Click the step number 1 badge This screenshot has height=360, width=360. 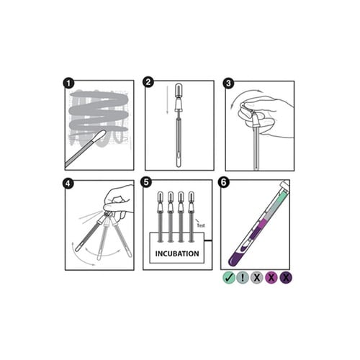click(x=68, y=84)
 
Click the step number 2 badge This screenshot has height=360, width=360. click(x=148, y=82)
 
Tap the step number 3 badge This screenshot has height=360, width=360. click(x=228, y=83)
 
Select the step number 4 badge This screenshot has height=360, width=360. click(x=68, y=184)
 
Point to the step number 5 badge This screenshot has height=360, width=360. click(x=146, y=182)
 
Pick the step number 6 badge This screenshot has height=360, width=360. click(x=223, y=182)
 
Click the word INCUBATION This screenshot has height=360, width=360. click(x=177, y=253)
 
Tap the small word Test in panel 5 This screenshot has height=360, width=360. click(x=201, y=225)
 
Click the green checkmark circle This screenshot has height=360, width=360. click(x=229, y=278)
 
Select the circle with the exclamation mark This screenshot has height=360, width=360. click(x=243, y=278)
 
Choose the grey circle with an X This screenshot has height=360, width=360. click(x=257, y=278)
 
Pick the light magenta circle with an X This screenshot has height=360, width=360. click(x=271, y=278)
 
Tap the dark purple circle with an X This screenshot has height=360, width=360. click(x=286, y=278)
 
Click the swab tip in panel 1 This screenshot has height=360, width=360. click(x=99, y=137)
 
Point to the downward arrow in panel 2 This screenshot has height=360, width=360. click(x=168, y=100)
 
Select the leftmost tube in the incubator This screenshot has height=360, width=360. click(x=160, y=217)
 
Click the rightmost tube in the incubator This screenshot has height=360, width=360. click(x=192, y=217)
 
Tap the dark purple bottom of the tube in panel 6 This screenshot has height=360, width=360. click(x=236, y=258)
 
